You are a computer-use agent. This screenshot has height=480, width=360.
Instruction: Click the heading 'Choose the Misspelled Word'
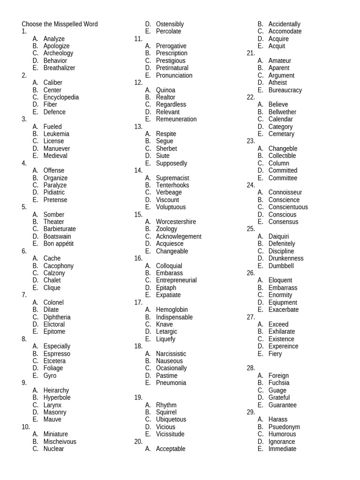click(60, 24)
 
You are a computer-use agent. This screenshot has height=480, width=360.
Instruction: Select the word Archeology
click(58, 53)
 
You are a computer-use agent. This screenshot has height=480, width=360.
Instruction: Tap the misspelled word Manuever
click(57, 149)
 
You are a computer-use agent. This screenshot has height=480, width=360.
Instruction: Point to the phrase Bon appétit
click(59, 244)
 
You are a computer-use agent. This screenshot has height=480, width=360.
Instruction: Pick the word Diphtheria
click(57, 317)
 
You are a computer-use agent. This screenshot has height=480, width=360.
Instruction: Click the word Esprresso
click(57, 354)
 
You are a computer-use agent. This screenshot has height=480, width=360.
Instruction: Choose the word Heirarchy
click(56, 390)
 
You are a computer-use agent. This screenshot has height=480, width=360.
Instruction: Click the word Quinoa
click(165, 90)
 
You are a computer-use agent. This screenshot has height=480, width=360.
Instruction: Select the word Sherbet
click(166, 149)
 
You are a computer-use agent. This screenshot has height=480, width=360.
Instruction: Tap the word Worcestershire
click(176, 222)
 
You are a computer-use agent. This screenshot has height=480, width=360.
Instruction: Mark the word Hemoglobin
click(172, 310)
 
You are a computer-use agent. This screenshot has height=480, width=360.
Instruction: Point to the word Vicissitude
click(170, 434)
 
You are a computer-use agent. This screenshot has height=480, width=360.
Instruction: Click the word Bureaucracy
click(285, 90)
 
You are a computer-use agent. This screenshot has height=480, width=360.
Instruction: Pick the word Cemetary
click(281, 134)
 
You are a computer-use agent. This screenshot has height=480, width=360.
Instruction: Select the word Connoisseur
click(285, 192)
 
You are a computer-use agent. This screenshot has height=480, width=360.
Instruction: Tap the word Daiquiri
click(278, 236)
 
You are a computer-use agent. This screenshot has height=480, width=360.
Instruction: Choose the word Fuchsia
click(279, 383)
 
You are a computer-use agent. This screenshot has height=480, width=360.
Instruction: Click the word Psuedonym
click(284, 427)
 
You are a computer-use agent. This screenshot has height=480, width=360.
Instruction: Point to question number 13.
click(138, 127)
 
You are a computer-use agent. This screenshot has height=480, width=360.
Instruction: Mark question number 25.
click(251, 229)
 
